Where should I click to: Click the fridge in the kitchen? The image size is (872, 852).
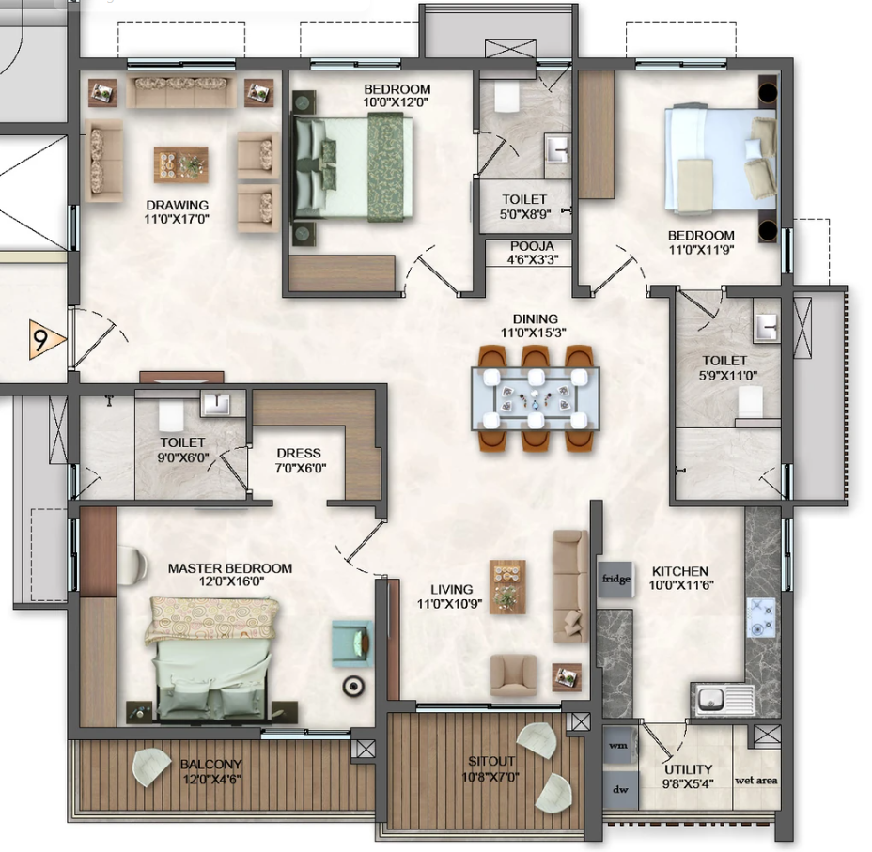point(615,579)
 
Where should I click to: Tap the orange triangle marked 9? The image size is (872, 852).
point(47,339)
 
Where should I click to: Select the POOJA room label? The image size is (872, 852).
point(532,246)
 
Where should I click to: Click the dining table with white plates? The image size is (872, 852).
point(535,398)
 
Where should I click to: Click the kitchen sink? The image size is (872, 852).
point(723,699)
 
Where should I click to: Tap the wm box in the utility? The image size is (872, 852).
point(619,745)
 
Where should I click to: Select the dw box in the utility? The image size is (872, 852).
point(620,789)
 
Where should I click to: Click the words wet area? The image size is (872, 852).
point(755,781)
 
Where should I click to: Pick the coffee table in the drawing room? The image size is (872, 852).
point(180,164)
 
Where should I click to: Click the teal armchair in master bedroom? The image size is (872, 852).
point(352,643)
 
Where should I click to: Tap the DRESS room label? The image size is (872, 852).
point(299,453)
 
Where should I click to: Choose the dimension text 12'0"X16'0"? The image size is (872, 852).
point(230,581)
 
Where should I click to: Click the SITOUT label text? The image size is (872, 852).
point(491,762)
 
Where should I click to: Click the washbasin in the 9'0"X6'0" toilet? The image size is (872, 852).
point(215,404)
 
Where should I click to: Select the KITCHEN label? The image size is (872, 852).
point(680,571)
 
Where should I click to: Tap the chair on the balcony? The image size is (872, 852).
point(150,767)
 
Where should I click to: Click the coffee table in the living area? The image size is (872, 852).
point(507,587)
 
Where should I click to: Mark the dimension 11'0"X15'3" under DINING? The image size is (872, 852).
point(535,333)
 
